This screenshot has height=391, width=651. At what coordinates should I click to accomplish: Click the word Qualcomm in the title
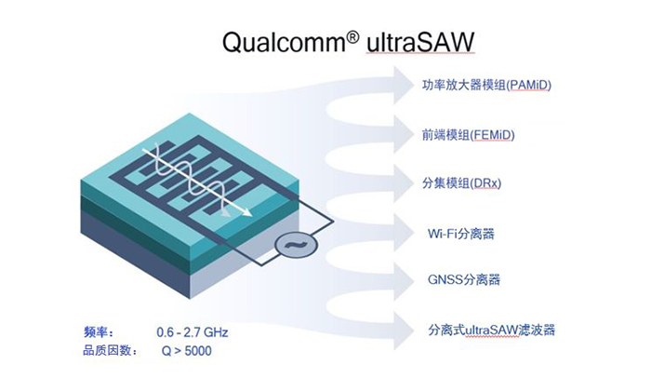pos(272,44)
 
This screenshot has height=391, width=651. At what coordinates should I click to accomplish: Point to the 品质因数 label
pos(110,351)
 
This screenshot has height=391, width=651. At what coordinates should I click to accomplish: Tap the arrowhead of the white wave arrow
pos(248,213)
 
